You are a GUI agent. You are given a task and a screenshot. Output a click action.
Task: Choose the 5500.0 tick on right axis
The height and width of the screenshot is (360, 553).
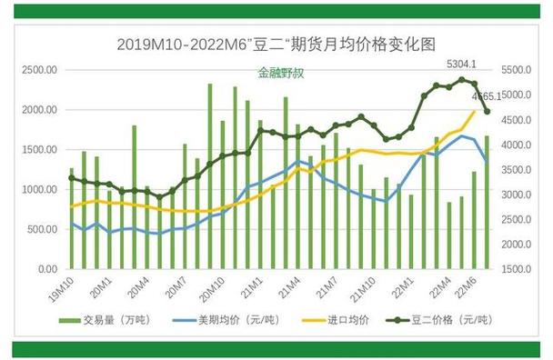tap(518, 70)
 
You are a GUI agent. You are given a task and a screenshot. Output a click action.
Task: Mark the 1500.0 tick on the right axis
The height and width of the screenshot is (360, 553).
tap(518, 270)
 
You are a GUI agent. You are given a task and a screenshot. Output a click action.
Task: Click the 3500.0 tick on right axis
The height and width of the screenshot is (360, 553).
tap(518, 170)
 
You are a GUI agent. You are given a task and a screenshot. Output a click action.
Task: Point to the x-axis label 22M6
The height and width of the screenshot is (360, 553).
tap(468, 288)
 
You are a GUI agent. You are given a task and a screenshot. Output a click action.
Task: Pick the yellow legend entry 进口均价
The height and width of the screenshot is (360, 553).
tap(342, 320)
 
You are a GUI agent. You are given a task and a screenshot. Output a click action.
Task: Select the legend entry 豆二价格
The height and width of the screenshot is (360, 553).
tap(442, 320)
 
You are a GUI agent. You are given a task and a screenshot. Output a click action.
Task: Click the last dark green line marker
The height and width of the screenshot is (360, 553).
tap(487, 112)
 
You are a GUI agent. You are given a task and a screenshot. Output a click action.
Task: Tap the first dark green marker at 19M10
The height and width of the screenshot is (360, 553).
tap(72, 177)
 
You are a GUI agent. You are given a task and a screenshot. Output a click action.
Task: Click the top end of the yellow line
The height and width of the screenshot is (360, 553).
tap(474, 111)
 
